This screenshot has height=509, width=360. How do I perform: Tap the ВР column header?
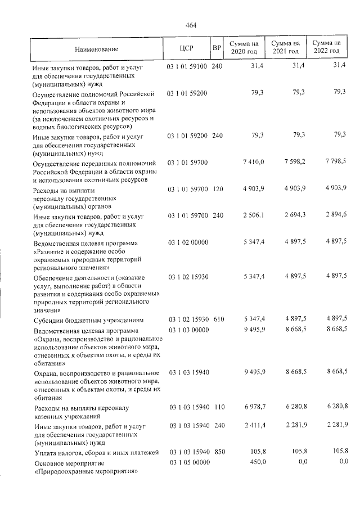coord(217,48)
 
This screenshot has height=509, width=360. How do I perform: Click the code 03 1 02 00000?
coord(187,242)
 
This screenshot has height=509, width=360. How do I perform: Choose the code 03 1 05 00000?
coord(187,462)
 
